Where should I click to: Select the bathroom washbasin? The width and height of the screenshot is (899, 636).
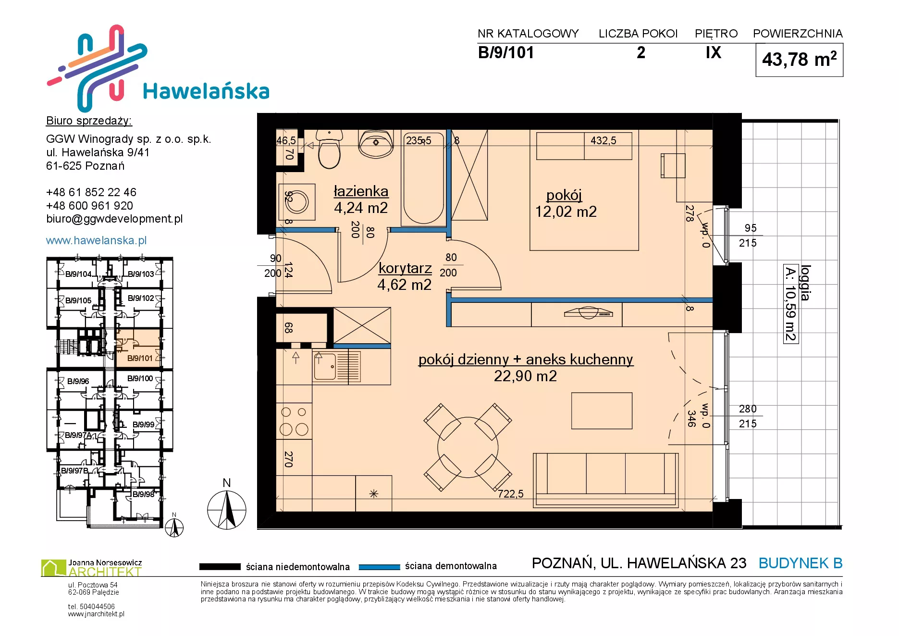click(x=376, y=143)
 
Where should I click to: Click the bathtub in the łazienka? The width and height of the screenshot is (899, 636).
click(x=423, y=177)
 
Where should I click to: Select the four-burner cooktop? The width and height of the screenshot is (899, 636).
click(x=294, y=421)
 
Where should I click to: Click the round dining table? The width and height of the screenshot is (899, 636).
click(x=468, y=447)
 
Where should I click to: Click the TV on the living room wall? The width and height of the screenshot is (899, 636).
click(x=588, y=312)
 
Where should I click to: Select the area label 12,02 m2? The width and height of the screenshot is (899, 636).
click(x=566, y=212)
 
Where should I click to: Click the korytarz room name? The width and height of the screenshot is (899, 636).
click(x=405, y=268)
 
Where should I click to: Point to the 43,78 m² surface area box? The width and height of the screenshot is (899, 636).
click(x=800, y=60)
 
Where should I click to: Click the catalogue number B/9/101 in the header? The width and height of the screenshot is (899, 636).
click(x=506, y=52)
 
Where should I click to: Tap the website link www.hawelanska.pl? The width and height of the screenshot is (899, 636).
click(x=96, y=240)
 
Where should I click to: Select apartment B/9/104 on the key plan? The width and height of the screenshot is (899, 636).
click(x=78, y=274)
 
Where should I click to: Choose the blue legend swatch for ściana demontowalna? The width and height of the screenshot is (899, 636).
click(x=380, y=567)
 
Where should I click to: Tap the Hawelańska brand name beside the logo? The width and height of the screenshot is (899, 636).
click(x=206, y=91)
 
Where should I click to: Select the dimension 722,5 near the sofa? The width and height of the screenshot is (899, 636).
click(x=511, y=494)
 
